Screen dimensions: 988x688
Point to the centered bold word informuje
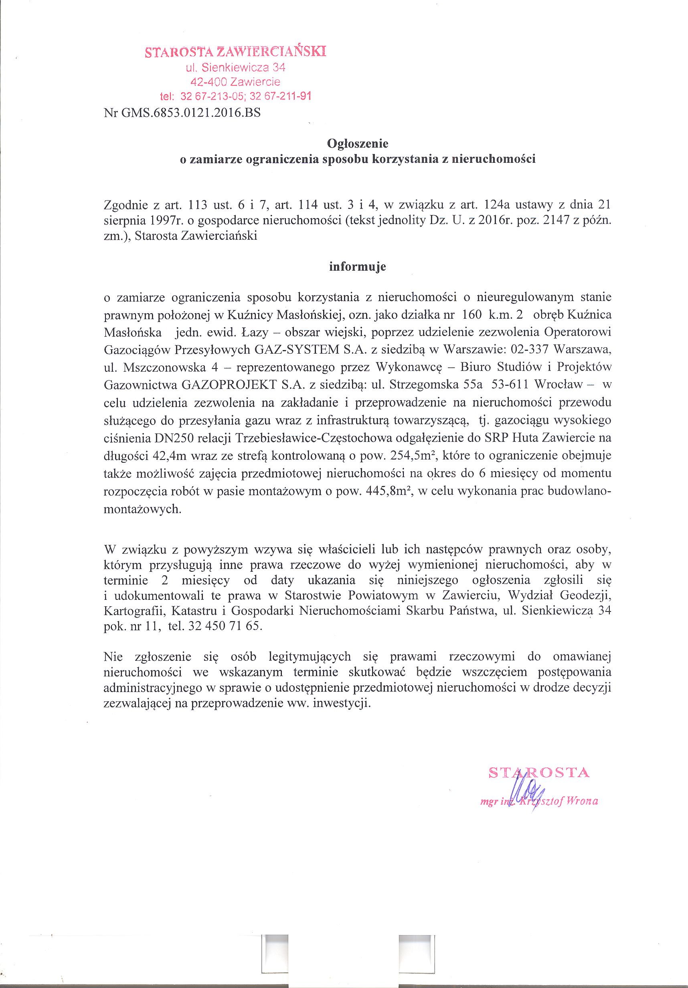358,267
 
